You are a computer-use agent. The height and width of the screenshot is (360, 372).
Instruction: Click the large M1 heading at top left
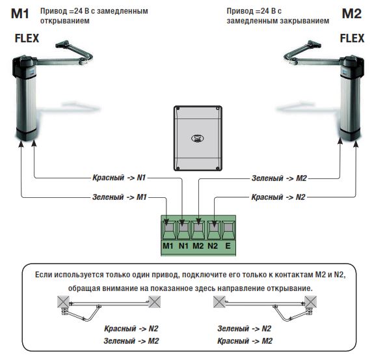(x=20, y=14)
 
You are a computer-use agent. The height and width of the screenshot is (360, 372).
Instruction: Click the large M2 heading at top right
(x=352, y=14)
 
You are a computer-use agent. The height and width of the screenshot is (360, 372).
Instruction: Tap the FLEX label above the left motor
(x=27, y=38)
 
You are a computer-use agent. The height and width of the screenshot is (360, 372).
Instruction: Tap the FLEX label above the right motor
(x=352, y=38)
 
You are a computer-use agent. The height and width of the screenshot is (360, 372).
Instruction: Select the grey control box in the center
(x=198, y=139)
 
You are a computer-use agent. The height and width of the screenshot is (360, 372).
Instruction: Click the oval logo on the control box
(x=198, y=138)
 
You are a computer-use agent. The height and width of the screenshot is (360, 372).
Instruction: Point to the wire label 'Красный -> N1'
(x=119, y=177)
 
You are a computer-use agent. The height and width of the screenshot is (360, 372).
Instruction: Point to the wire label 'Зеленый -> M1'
(x=119, y=197)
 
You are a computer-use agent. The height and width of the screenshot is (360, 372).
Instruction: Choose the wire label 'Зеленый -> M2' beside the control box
(x=279, y=178)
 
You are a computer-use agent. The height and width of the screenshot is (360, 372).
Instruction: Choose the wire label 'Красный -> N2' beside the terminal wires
(x=278, y=197)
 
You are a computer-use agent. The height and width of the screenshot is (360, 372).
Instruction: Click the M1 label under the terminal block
(x=168, y=246)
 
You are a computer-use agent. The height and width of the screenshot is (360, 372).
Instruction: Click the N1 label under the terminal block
(x=183, y=246)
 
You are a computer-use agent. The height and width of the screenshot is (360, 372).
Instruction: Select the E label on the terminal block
(x=228, y=246)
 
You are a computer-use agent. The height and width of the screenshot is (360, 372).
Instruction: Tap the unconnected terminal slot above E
(x=228, y=230)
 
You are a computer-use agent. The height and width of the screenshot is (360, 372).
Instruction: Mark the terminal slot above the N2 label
(x=214, y=230)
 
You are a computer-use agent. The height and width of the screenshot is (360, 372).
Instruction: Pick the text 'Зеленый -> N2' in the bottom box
(x=244, y=329)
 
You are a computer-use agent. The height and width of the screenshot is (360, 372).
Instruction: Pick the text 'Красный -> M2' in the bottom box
(x=245, y=341)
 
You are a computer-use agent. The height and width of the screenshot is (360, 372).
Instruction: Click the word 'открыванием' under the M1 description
(x=65, y=21)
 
